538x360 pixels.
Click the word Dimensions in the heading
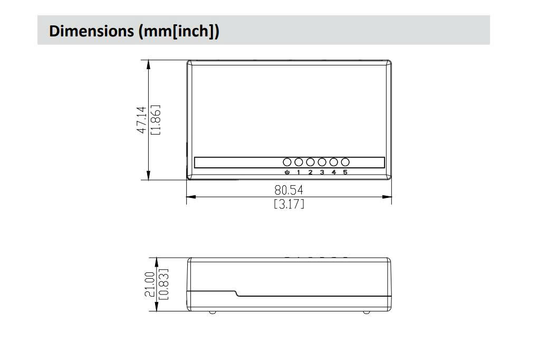(x=92, y=31)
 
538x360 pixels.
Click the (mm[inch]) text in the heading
(x=178, y=31)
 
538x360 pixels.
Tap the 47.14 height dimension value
(x=141, y=120)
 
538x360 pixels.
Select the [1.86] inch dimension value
(x=156, y=120)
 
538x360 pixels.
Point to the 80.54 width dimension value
(x=289, y=190)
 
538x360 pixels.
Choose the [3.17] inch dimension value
(x=289, y=204)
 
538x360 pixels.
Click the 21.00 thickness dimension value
(x=150, y=284)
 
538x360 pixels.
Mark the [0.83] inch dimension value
(x=164, y=284)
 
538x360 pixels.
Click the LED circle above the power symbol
(x=287, y=162)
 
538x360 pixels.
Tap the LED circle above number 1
(x=299, y=162)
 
